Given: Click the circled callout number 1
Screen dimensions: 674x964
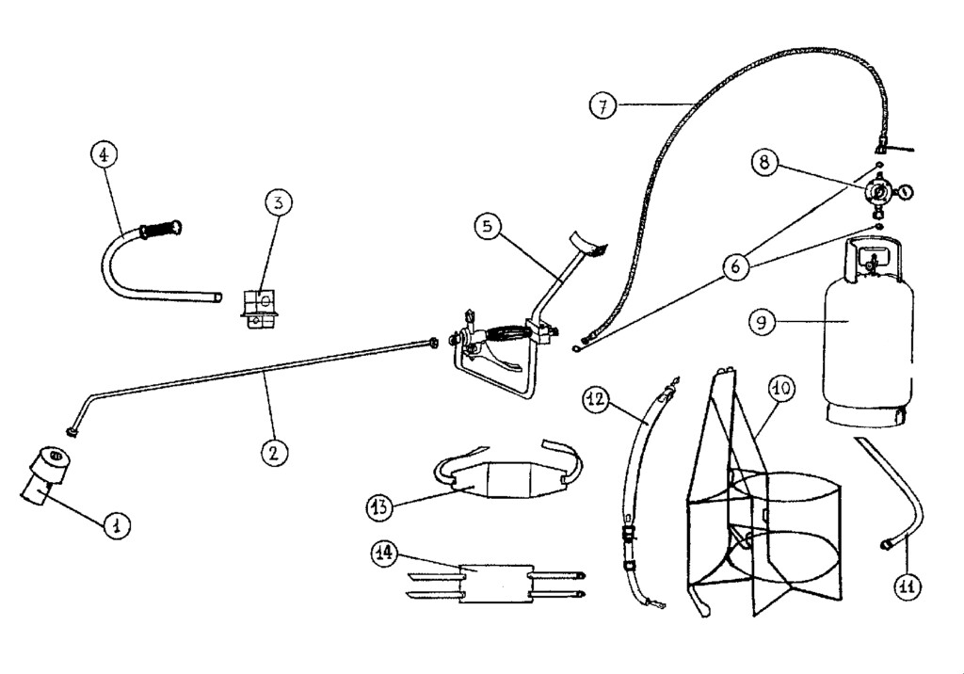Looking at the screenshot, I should click(x=116, y=525).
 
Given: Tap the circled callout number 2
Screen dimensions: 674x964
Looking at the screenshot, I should click(x=273, y=452).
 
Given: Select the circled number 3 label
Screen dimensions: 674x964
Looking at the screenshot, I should click(x=278, y=201).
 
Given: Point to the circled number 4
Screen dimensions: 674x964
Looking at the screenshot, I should click(x=104, y=153).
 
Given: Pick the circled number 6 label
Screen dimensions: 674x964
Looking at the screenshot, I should click(x=737, y=266).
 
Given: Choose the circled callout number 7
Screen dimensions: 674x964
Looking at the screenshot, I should click(x=602, y=105).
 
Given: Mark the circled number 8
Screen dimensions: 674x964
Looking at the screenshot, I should click(x=764, y=162).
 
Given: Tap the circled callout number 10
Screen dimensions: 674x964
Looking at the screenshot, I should click(x=780, y=387).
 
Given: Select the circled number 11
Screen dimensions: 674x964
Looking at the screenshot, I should click(x=907, y=586).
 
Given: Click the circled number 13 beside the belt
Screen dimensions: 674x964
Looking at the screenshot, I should click(x=379, y=506).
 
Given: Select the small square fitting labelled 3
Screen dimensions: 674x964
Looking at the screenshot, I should click(x=259, y=309).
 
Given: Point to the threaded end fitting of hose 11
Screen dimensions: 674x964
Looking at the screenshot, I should click(x=887, y=543).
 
